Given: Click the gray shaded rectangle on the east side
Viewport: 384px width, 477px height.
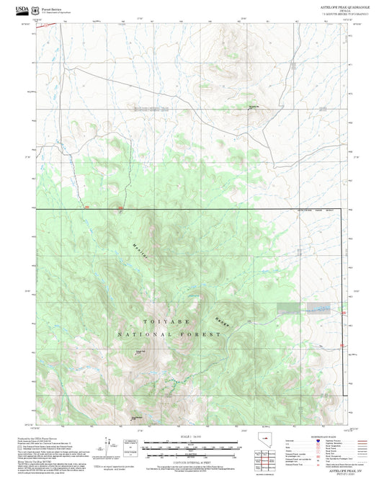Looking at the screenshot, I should [295, 308].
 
